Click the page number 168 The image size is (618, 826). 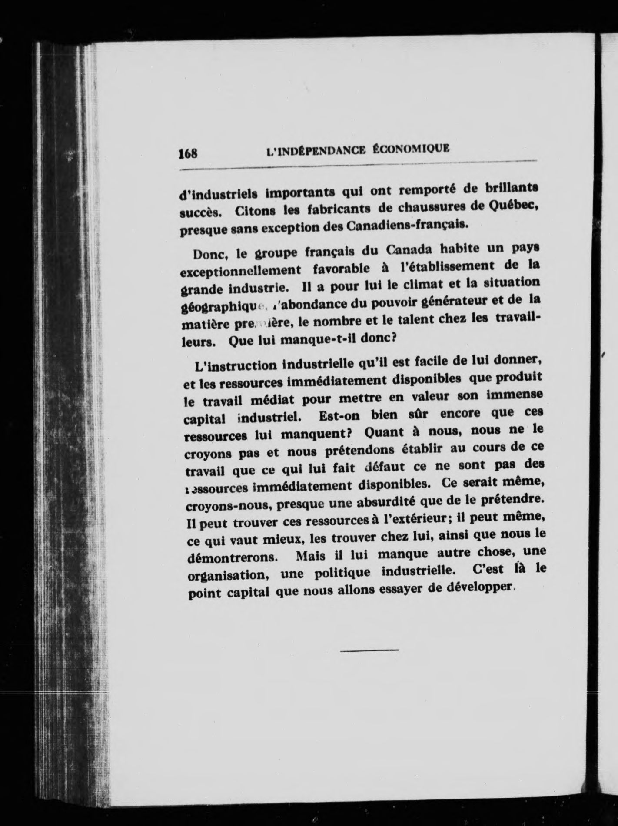point(188,153)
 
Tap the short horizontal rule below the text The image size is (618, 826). point(369,650)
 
